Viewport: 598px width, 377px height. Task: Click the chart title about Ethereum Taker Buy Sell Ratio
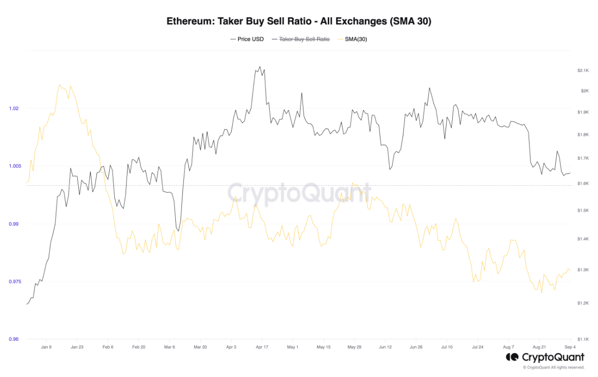(x=299, y=21)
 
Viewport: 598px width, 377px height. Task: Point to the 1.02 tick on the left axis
(x=14, y=108)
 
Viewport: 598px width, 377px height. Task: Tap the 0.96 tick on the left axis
(x=14, y=339)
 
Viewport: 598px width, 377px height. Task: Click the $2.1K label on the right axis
(x=583, y=70)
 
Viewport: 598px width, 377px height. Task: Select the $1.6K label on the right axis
(x=583, y=184)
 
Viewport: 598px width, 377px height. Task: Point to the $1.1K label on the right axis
(x=583, y=339)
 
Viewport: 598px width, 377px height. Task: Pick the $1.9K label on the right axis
(x=583, y=112)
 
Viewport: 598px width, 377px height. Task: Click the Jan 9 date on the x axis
(x=46, y=347)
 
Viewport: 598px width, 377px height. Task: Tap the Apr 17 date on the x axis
(x=262, y=347)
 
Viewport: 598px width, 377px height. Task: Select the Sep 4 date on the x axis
(x=569, y=347)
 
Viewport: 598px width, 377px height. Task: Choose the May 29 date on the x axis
(x=354, y=347)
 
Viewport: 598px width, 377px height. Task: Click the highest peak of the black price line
(x=260, y=67)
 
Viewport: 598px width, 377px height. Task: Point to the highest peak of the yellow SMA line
(x=59, y=84)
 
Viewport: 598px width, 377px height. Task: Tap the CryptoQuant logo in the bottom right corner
(x=545, y=357)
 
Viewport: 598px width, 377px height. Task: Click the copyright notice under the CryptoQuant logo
(x=553, y=367)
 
